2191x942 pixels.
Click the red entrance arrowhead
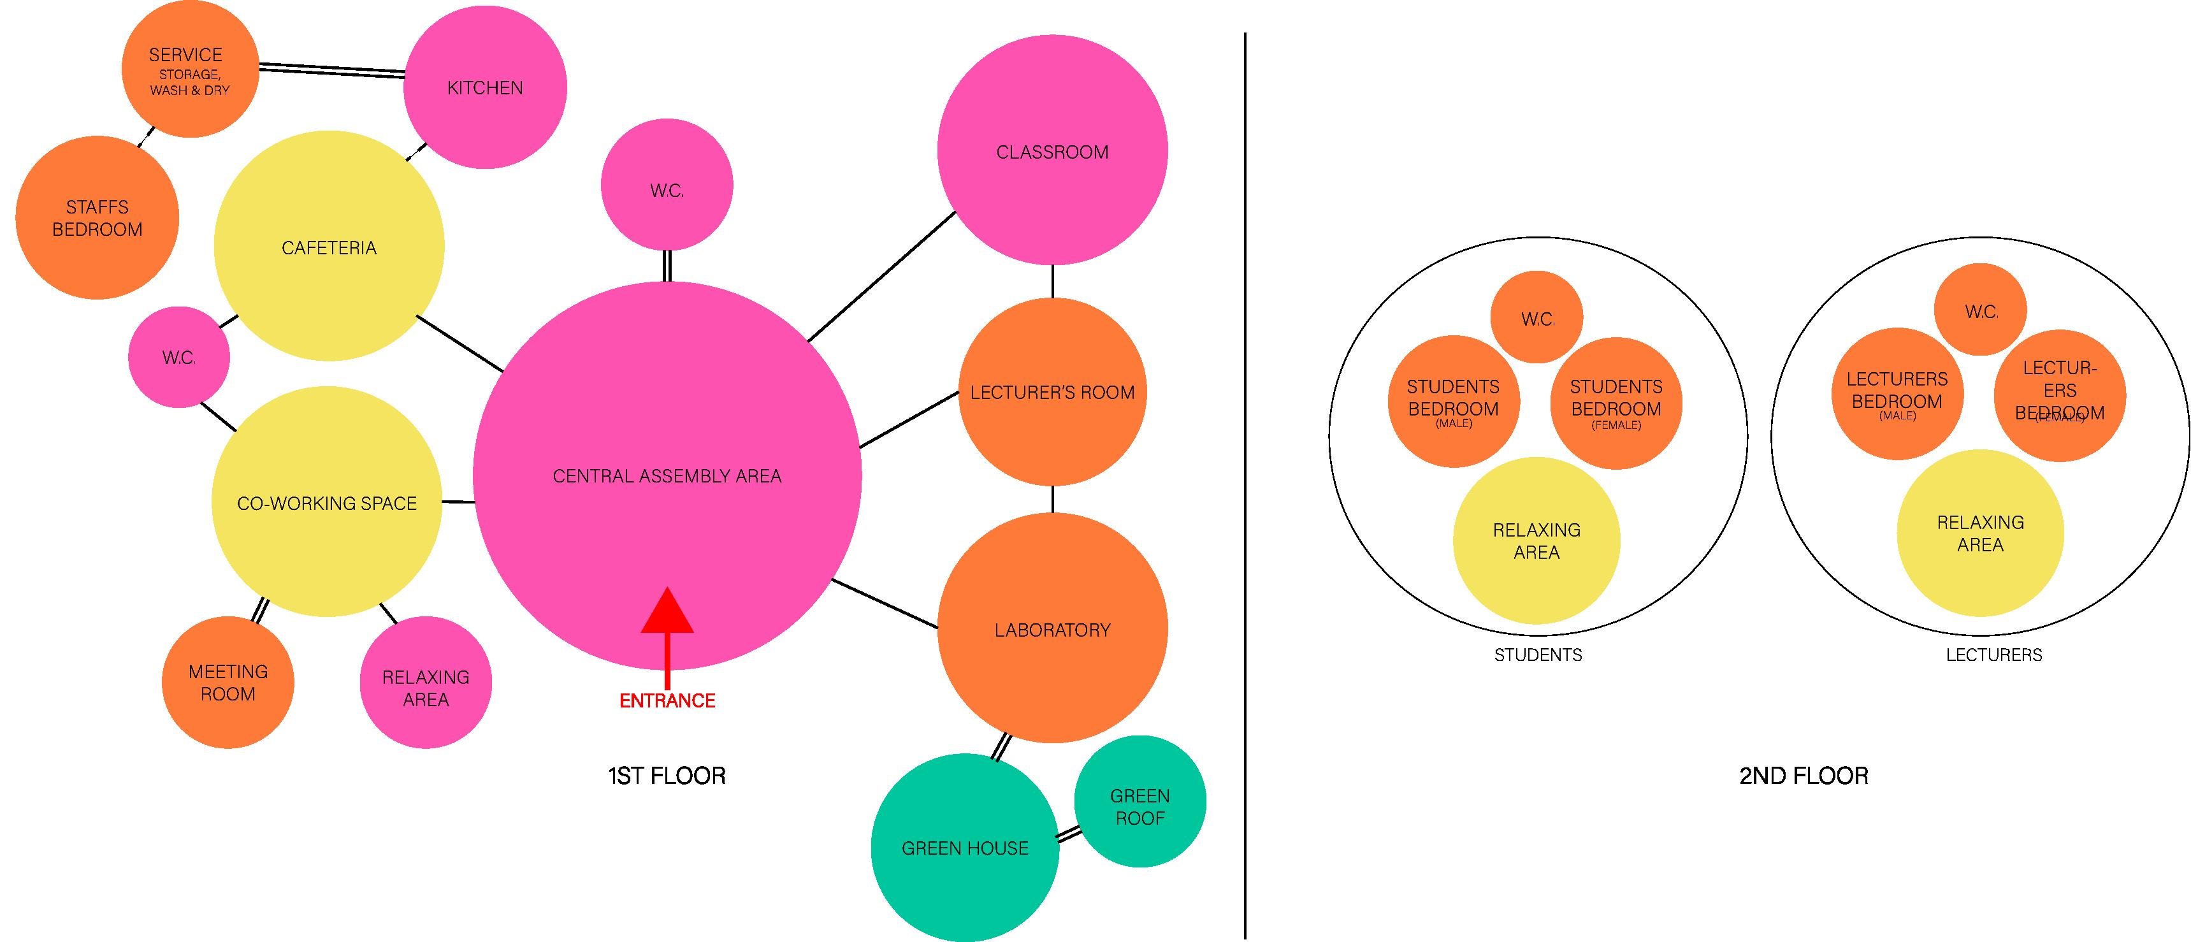pyautogui.click(x=667, y=612)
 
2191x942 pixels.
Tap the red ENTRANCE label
pyautogui.click(x=667, y=700)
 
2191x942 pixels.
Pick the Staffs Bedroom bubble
pyautogui.click(x=97, y=218)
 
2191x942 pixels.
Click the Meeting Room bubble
pyautogui.click(x=228, y=683)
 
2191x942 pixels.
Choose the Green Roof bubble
pyautogui.click(x=1139, y=802)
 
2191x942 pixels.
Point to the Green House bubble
pyautogui.click(x=964, y=848)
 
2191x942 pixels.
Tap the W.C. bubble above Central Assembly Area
pyautogui.click(x=667, y=185)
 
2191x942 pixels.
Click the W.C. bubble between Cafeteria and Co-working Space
pyautogui.click(x=178, y=358)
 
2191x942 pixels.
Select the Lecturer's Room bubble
pyautogui.click(x=1052, y=392)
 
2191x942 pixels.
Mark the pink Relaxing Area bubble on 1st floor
pyautogui.click(x=425, y=683)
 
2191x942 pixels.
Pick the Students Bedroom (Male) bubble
pyautogui.click(x=1453, y=402)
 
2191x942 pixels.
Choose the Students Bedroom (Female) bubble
pyautogui.click(x=1616, y=403)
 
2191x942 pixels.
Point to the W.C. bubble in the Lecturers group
pyautogui.click(x=1980, y=310)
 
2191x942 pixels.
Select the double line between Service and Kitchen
pyautogui.click(x=332, y=69)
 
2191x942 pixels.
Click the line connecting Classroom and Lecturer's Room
pyautogui.click(x=1052, y=282)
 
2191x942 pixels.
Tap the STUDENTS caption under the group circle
pyautogui.click(x=1538, y=655)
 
